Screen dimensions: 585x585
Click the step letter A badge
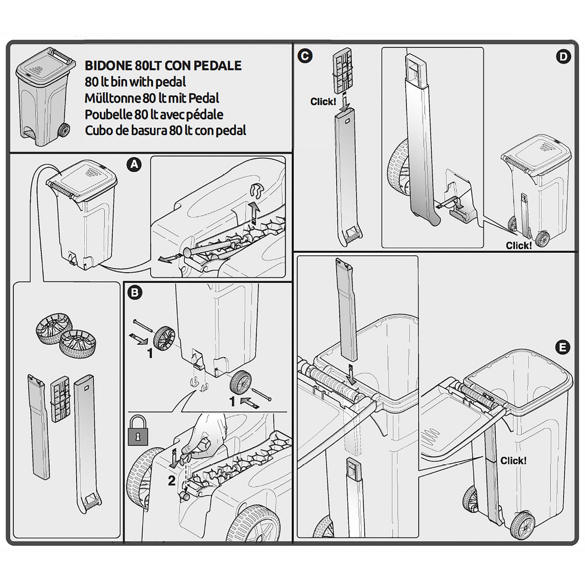click(x=134, y=165)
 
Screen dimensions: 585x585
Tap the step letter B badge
click(x=135, y=292)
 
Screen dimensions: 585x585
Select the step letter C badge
click(x=305, y=56)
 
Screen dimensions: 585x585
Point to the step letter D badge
click(x=563, y=57)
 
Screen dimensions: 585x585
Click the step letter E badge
click(x=562, y=347)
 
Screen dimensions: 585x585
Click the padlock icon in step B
click(x=138, y=431)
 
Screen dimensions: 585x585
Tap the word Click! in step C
click(x=323, y=102)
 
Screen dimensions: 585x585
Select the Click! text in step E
click(x=513, y=461)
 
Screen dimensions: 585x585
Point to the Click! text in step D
click(x=518, y=245)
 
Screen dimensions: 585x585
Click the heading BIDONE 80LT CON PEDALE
click(x=163, y=66)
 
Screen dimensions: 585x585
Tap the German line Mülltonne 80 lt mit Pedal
click(x=152, y=98)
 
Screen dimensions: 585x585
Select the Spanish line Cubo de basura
click(x=165, y=130)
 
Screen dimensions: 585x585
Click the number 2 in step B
click(x=172, y=481)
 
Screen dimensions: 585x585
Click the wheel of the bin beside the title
click(x=64, y=131)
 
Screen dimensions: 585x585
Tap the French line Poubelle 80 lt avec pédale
click(x=154, y=114)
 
